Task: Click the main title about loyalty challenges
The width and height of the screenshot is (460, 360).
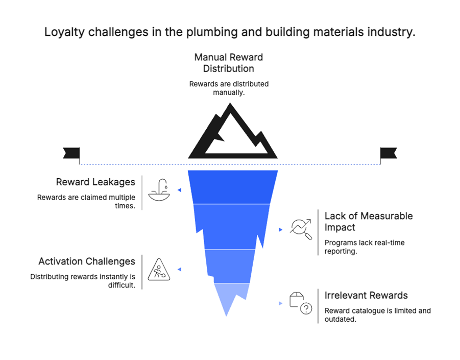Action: (230, 32)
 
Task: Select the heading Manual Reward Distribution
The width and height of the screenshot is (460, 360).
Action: (229, 62)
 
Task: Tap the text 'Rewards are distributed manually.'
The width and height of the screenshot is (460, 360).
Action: (229, 88)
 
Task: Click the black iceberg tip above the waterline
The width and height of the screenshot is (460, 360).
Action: (233, 134)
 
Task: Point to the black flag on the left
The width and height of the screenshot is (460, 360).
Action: (71, 153)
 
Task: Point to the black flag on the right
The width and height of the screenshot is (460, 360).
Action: (388, 153)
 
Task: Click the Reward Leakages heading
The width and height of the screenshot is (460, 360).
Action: (95, 182)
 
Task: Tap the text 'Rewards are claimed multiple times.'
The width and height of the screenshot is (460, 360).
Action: (86, 202)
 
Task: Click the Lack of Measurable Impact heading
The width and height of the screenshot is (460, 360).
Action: (369, 222)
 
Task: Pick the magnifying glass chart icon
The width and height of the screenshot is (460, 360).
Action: (301, 229)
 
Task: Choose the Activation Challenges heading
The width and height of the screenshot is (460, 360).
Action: (87, 261)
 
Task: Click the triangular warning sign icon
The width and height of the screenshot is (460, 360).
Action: (158, 270)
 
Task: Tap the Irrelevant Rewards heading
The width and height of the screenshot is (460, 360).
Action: (366, 295)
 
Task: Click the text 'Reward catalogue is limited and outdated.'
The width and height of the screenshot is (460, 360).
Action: (377, 315)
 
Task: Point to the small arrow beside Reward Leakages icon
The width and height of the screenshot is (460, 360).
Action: (179, 190)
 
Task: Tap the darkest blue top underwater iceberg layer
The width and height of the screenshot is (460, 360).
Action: (233, 186)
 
